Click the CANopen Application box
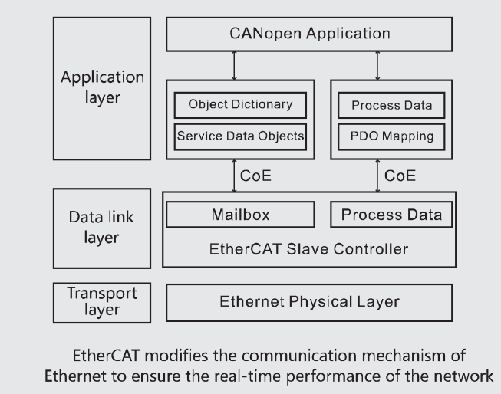coord(310,34)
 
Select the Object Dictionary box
coord(240,105)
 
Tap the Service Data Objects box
coord(240,136)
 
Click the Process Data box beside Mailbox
coord(391,215)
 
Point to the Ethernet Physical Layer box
coord(310,302)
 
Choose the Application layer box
coord(101,89)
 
